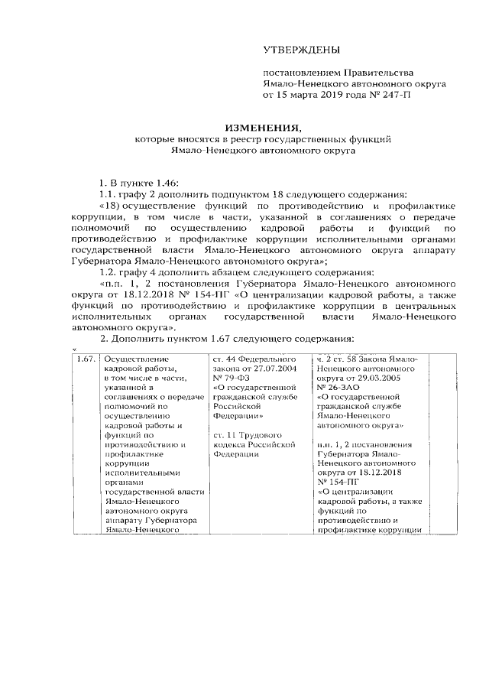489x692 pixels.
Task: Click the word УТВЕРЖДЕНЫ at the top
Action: coord(300,50)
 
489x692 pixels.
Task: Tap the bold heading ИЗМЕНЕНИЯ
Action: coord(257,128)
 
